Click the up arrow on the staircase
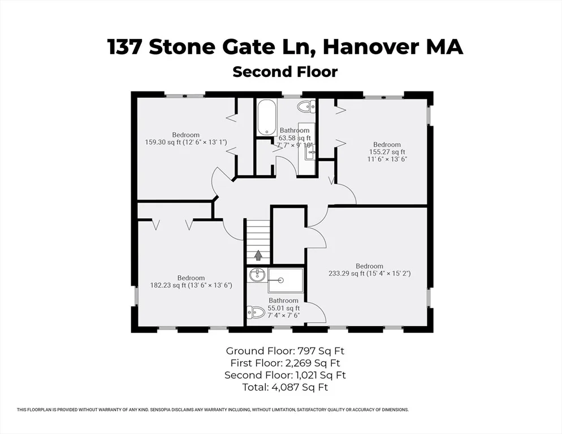click(258, 255)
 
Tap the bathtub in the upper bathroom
click(267, 117)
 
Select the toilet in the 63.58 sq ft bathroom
click(306, 106)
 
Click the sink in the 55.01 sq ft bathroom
click(257, 275)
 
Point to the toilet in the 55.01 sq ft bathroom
click(256, 312)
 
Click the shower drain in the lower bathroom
click(280, 280)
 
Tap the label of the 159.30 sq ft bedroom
click(185, 134)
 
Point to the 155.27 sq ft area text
click(387, 151)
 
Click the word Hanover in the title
click(371, 47)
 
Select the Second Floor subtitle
click(285, 72)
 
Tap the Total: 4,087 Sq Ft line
click(285, 387)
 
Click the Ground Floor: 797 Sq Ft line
click(285, 350)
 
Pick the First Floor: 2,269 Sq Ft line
click(285, 363)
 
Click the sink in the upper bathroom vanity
click(310, 154)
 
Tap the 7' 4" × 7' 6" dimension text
click(283, 315)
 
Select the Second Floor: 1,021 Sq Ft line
click(285, 375)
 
